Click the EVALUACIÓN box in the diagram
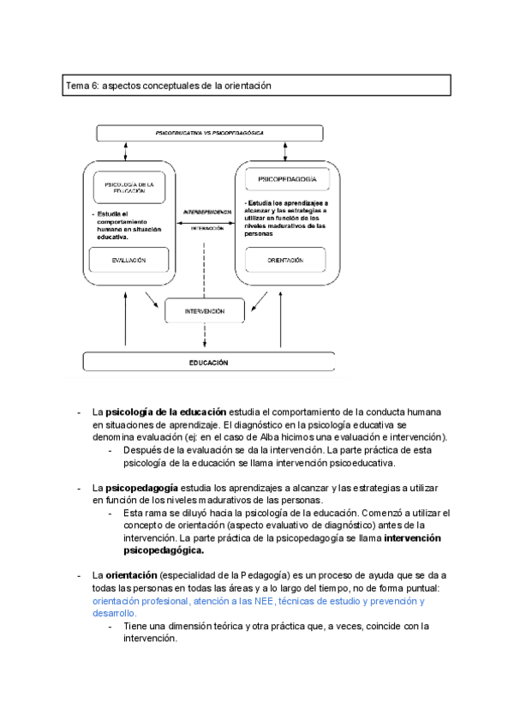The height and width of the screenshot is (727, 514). pyautogui.click(x=128, y=260)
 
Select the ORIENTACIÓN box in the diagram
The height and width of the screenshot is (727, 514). pyautogui.click(x=285, y=259)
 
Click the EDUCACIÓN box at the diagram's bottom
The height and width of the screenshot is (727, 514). pyautogui.click(x=208, y=363)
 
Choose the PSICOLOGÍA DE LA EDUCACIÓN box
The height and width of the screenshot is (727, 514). pyautogui.click(x=128, y=187)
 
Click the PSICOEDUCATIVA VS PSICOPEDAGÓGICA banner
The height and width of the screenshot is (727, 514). pyautogui.click(x=209, y=134)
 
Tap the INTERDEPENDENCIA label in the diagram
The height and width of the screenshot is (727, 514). pyautogui.click(x=207, y=211)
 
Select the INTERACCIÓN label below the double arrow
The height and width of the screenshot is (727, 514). pyautogui.click(x=207, y=229)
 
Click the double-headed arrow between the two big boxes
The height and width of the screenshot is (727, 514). pyautogui.click(x=206, y=220)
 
